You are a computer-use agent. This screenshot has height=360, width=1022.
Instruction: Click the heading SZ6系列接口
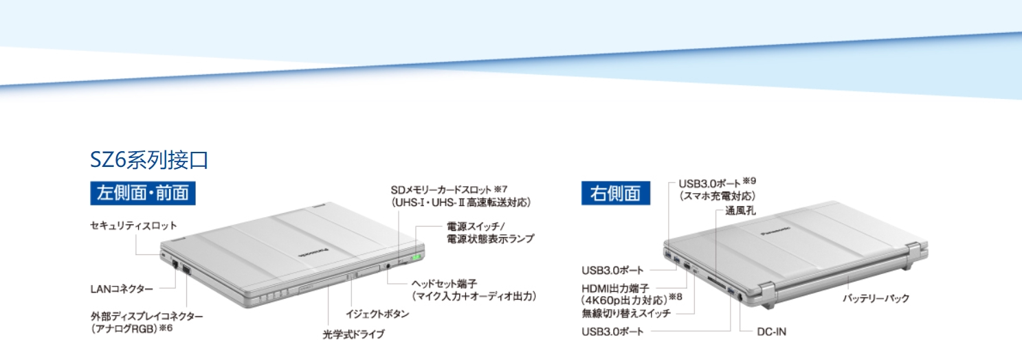click(x=149, y=160)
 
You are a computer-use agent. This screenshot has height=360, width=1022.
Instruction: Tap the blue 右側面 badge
click(x=615, y=193)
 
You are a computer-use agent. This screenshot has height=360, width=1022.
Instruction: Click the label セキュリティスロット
click(x=133, y=225)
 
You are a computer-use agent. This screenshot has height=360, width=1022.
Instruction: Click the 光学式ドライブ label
click(x=353, y=334)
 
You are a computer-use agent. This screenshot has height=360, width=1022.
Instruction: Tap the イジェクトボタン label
click(x=377, y=314)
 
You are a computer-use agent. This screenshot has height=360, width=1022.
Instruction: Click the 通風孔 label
click(x=740, y=211)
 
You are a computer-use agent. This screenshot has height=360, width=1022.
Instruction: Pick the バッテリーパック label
click(x=876, y=298)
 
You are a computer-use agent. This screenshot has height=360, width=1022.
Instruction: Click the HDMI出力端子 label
click(x=614, y=289)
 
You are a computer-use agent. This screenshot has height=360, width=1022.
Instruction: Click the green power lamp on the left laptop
click(x=414, y=259)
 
